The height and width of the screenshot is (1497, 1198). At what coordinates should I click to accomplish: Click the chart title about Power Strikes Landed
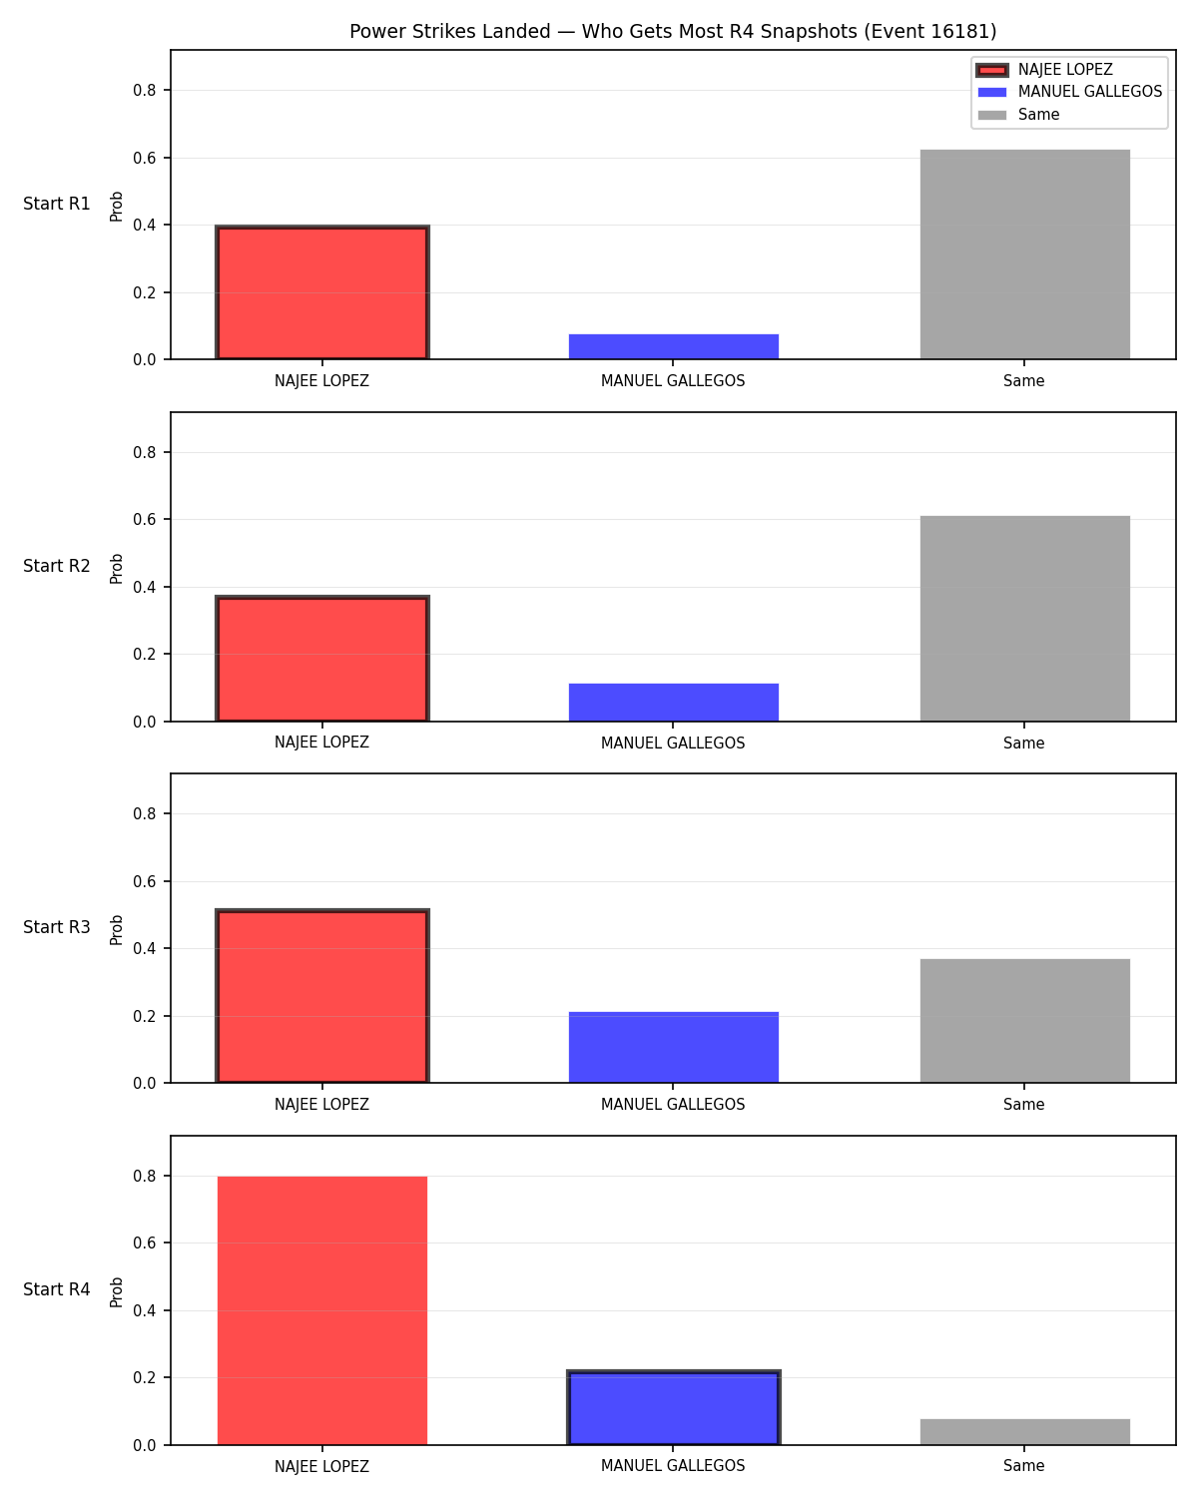(673, 31)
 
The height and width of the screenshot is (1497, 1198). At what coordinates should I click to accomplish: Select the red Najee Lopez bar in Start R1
(322, 292)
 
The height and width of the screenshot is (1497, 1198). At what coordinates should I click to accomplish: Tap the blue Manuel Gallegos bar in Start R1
(673, 346)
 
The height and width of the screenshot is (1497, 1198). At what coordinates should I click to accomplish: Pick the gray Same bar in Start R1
(1024, 254)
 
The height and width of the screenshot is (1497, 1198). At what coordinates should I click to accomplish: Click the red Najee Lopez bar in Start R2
(322, 658)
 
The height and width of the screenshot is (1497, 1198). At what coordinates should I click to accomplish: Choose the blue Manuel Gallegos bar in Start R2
(673, 703)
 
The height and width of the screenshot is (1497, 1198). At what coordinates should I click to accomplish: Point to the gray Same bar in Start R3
(1024, 1021)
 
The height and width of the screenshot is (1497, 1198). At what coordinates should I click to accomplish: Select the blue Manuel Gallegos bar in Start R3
(673, 1047)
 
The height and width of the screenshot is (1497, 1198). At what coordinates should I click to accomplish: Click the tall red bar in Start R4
(322, 1310)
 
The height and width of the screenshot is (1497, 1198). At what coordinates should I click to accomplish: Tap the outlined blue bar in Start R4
(673, 1408)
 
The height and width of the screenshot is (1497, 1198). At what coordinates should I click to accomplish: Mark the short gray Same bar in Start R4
(1024, 1431)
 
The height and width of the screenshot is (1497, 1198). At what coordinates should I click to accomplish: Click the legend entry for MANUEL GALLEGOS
(1070, 92)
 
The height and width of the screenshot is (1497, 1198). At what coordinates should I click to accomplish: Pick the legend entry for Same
(1018, 115)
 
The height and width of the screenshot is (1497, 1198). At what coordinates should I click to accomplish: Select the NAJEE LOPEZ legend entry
(1044, 70)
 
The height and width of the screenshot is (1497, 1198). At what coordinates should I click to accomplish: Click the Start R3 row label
(56, 927)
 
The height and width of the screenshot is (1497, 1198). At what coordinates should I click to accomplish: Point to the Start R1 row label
(56, 204)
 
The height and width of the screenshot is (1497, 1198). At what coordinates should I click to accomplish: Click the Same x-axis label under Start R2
(1023, 743)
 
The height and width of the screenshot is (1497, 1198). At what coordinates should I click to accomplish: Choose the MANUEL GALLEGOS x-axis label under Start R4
(673, 1466)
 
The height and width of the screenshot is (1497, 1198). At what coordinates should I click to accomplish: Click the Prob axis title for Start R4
(116, 1292)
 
